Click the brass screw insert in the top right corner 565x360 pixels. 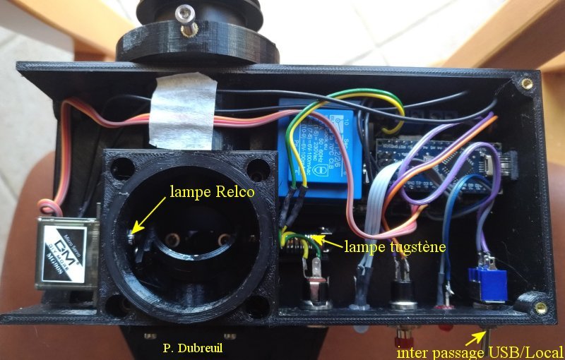[527, 83]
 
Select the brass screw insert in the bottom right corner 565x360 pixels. [541, 306]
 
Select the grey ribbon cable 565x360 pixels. [374, 212]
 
